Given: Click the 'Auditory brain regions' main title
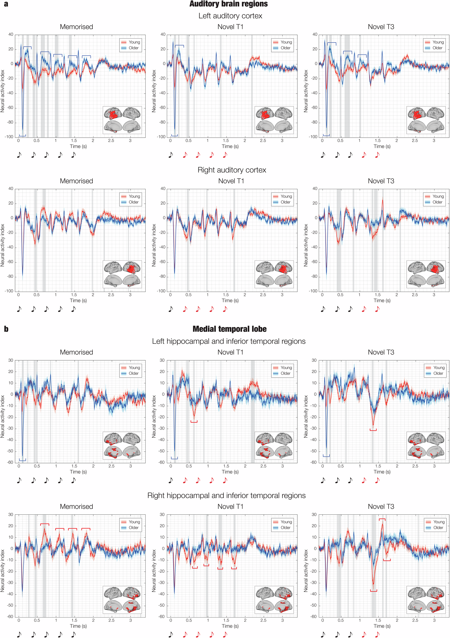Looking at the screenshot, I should coord(229,4).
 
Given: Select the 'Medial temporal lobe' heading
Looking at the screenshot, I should coord(229,329).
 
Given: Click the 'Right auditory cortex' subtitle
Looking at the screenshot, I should coord(232,170).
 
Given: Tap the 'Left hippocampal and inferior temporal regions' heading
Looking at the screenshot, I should coord(229,341).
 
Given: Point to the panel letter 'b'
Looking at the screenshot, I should coord(6,329).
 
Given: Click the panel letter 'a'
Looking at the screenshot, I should coord(6,4).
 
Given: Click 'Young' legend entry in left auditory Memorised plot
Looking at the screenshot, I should coord(134,42).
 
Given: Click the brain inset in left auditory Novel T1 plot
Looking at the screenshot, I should coord(274,120).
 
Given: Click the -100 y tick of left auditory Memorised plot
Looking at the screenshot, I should coord(9,137).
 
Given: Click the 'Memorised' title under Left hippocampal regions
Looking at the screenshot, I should coord(76,352).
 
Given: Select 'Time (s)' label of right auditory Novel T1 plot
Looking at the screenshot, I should coord(230,300).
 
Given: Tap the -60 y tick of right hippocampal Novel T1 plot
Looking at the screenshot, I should coord(162,616).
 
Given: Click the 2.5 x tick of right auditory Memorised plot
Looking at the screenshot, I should coord(111,294).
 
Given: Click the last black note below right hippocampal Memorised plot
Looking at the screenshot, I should coord(73,634).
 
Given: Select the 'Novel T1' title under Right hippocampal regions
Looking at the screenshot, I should coord(230,506).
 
